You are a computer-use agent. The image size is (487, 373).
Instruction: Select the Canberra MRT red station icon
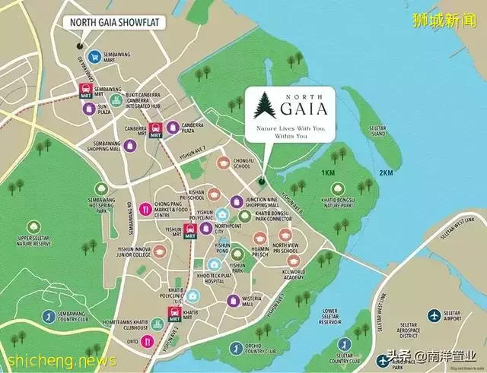(x=154, y=130)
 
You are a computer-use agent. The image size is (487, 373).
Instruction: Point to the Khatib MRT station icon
(x=174, y=317)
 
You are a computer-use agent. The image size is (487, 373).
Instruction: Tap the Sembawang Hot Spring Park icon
(x=103, y=188)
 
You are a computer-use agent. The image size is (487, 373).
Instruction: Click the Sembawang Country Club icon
(x=47, y=316)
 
